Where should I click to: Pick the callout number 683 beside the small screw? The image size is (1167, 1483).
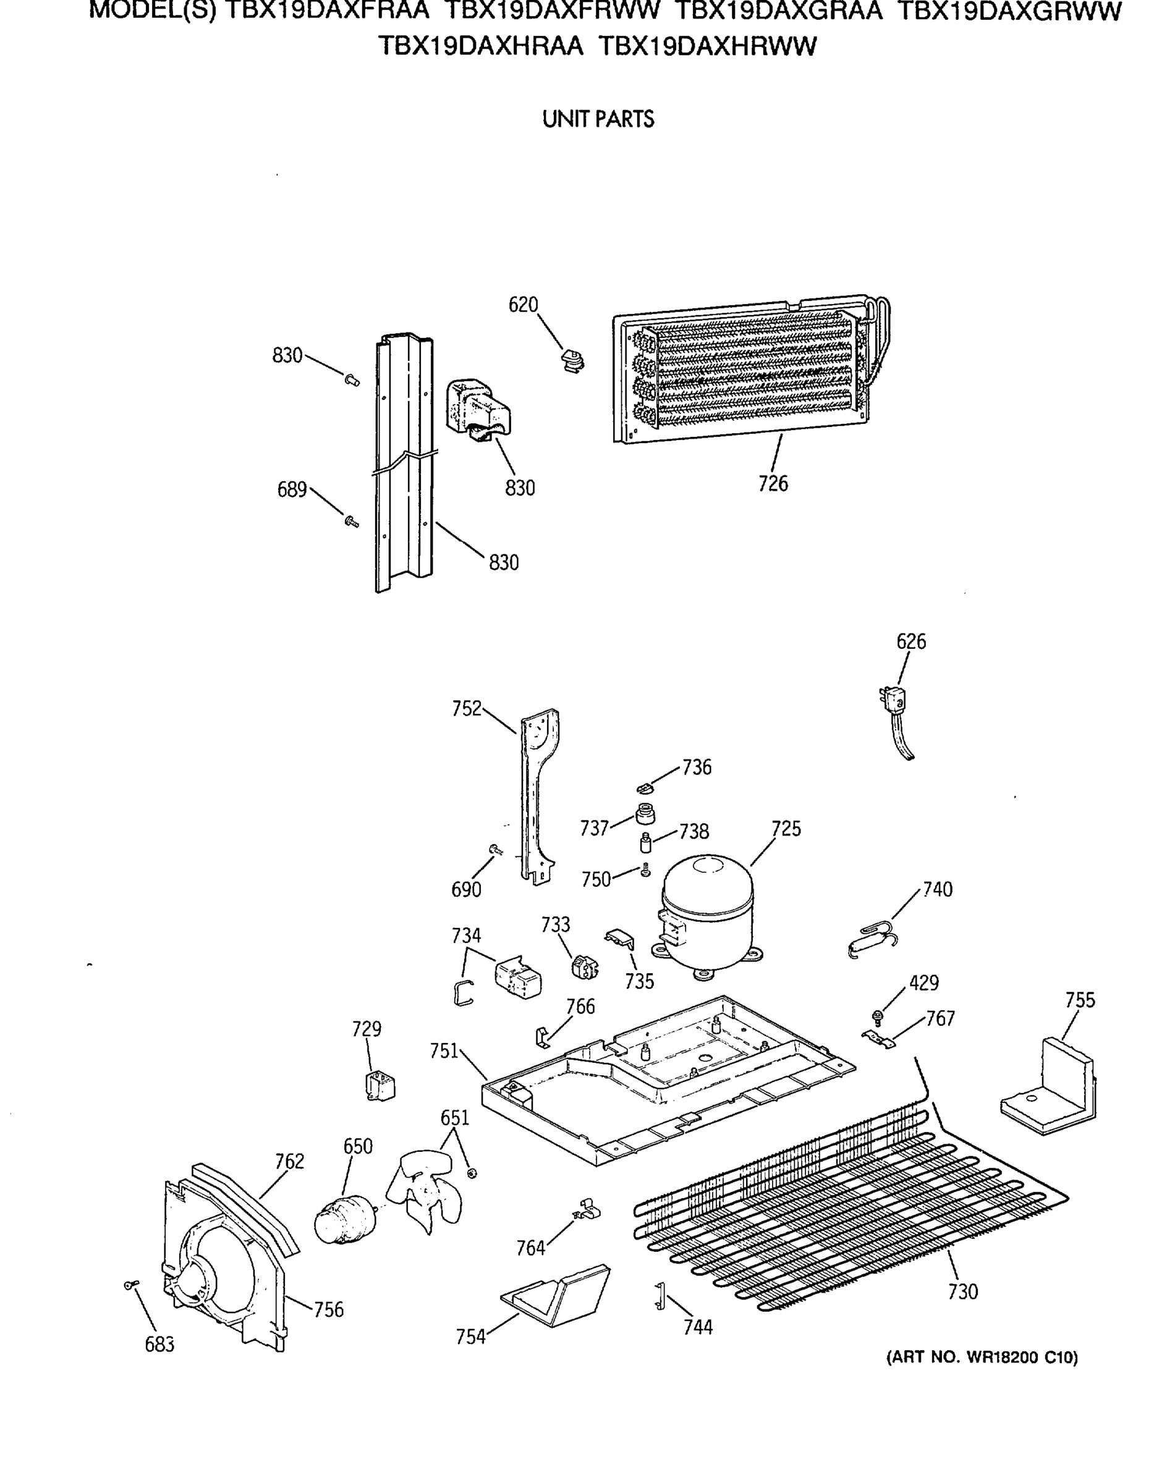point(159,1345)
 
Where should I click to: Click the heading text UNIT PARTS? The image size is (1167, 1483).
point(598,119)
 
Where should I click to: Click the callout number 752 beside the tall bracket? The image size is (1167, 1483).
point(467,708)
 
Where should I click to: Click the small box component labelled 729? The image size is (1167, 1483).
point(380,1086)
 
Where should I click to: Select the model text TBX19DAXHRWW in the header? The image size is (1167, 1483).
point(707,46)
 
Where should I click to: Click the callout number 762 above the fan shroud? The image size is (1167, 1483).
point(289,1160)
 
